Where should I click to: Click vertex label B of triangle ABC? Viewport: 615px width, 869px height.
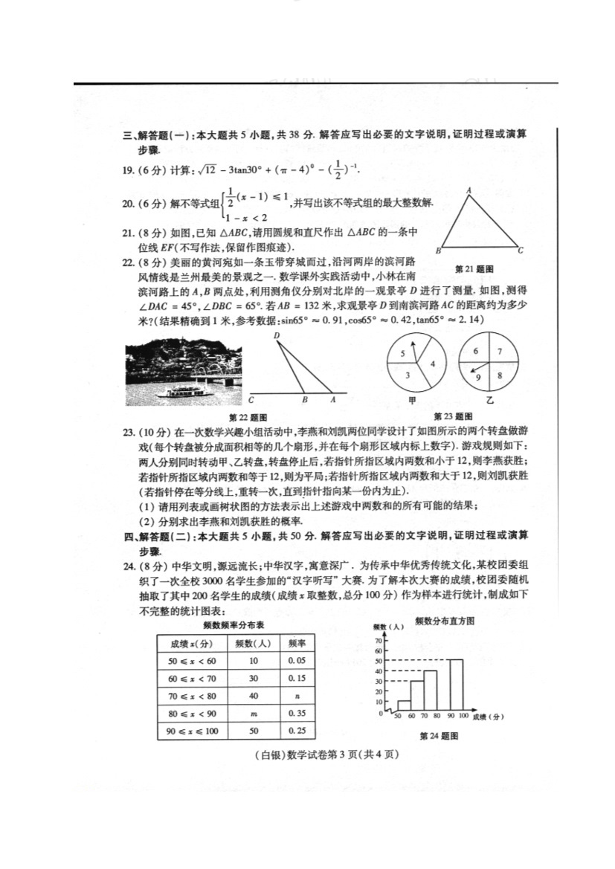(x=439, y=250)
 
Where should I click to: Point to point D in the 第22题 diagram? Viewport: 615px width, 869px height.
(x=277, y=336)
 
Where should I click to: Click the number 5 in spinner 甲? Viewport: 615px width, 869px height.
(x=402, y=354)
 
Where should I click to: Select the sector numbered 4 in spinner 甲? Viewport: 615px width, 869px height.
(x=432, y=364)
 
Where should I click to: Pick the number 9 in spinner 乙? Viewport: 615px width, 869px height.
(x=479, y=378)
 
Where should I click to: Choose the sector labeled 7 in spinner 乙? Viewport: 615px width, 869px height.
(x=500, y=352)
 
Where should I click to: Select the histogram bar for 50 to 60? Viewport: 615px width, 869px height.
(x=404, y=706)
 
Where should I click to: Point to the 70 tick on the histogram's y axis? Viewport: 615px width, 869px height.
(x=378, y=639)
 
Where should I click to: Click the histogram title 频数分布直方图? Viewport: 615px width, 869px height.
(x=445, y=619)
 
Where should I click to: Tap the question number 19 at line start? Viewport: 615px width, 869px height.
(x=127, y=171)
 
